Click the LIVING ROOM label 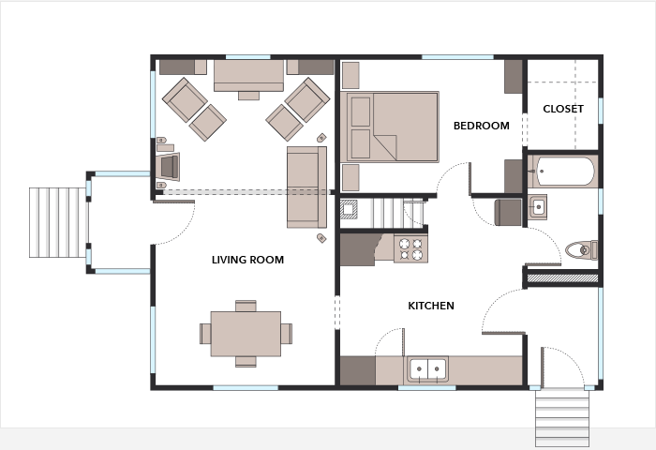[x=247, y=260]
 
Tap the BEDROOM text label [x=482, y=126]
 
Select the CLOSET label [x=563, y=109]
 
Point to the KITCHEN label [x=431, y=306]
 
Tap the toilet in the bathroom [x=582, y=250]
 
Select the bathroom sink [x=537, y=206]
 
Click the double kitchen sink [x=427, y=369]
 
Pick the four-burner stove [x=410, y=248]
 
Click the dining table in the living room [x=246, y=334]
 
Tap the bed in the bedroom [x=390, y=127]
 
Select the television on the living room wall [x=169, y=167]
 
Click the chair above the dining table [x=246, y=306]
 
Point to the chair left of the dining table [x=205, y=334]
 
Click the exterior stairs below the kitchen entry [x=562, y=417]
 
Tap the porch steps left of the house [x=58, y=222]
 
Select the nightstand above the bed [x=350, y=75]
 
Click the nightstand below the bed [x=350, y=177]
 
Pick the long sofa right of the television [x=306, y=187]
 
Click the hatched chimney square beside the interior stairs [x=348, y=209]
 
